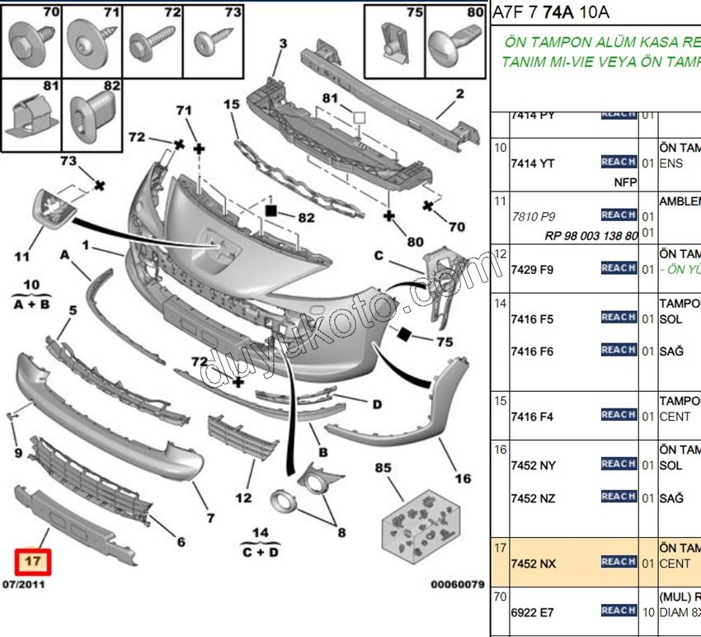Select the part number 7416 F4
pyautogui.click(x=532, y=417)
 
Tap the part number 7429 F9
pyautogui.click(x=532, y=270)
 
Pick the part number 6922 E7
pyautogui.click(x=532, y=612)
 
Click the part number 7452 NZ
pyautogui.click(x=534, y=498)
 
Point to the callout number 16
pyautogui.click(x=463, y=479)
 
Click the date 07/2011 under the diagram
pyautogui.click(x=24, y=584)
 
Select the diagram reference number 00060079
pyautogui.click(x=457, y=584)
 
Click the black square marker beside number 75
pyautogui.click(x=404, y=334)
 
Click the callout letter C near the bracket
pyautogui.click(x=379, y=256)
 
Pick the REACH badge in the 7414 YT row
pyautogui.click(x=618, y=163)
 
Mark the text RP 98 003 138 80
pyautogui.click(x=591, y=235)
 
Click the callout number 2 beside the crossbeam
pyautogui.click(x=459, y=94)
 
